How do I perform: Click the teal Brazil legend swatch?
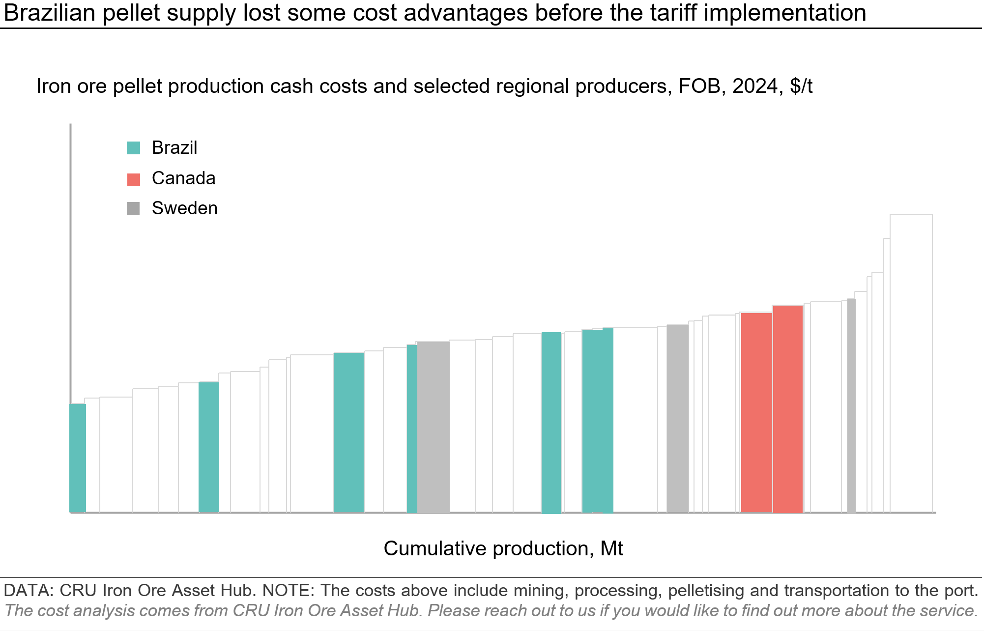click(x=133, y=148)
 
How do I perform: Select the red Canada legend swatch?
click(x=133, y=179)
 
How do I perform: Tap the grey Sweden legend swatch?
click(x=133, y=209)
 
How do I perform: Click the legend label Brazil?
click(x=174, y=148)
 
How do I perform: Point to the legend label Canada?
click(x=183, y=178)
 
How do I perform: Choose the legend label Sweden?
click(x=184, y=208)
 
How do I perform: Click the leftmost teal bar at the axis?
click(x=78, y=458)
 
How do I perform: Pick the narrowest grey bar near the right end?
click(x=851, y=405)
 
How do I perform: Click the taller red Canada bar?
click(x=787, y=409)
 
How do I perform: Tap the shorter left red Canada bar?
click(x=756, y=413)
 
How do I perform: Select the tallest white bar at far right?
click(x=911, y=364)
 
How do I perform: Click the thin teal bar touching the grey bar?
click(x=412, y=429)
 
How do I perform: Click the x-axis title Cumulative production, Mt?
click(x=503, y=548)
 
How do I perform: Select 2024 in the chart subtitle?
click(x=754, y=86)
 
